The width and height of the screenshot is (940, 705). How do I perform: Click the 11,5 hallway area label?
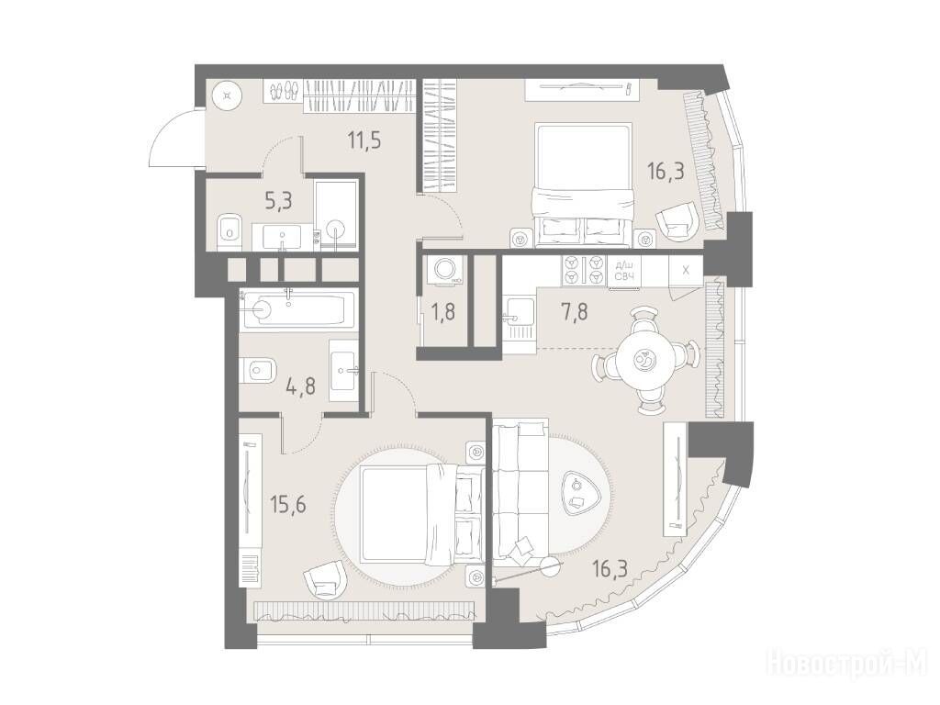tap(364, 141)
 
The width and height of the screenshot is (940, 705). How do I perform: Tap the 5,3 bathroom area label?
tap(278, 201)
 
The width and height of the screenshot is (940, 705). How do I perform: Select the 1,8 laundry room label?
tap(443, 312)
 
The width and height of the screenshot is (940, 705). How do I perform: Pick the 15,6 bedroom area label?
tap(287, 505)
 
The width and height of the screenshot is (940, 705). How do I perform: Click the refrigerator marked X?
tap(685, 270)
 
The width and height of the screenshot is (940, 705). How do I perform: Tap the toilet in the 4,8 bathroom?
tap(256, 370)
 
